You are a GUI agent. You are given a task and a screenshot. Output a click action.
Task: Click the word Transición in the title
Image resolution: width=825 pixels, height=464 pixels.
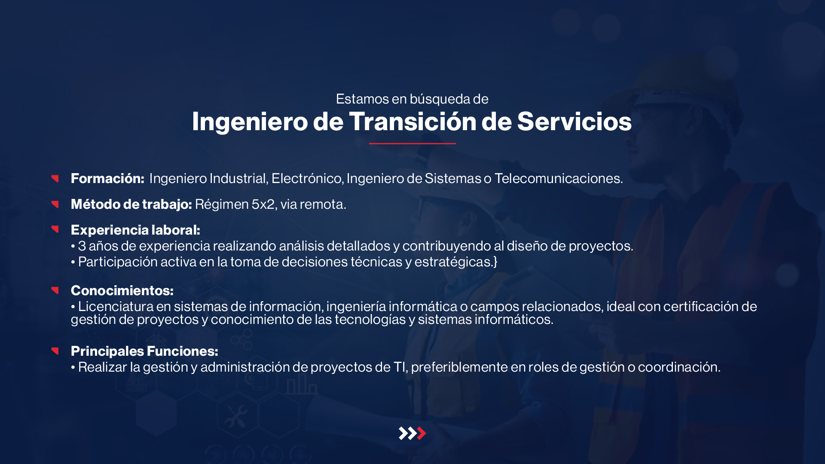coord(412,121)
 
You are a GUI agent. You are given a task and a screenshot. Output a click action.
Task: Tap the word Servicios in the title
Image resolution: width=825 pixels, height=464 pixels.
coord(574,121)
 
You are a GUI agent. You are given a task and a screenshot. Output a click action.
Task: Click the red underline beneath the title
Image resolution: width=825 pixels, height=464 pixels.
coord(412,143)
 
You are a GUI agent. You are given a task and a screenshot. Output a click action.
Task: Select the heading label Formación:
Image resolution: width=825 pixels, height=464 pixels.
coord(107,178)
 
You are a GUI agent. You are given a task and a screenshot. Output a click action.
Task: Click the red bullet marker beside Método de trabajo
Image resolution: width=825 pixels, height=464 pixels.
coord(55,204)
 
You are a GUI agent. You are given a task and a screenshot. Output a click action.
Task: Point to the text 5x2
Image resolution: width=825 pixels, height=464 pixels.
coord(263,204)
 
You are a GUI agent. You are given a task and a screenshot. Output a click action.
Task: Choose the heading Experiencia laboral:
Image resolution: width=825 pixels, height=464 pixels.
coord(135,230)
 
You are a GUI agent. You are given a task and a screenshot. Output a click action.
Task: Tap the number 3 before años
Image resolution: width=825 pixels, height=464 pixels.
coord(82,246)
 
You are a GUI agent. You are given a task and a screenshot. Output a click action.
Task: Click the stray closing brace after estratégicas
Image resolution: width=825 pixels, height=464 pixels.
coord(495,262)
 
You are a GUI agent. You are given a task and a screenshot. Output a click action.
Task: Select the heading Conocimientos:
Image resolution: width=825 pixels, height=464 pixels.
coord(122,291)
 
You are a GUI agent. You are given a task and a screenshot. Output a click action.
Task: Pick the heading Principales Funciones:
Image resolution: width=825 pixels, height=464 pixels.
coord(144,351)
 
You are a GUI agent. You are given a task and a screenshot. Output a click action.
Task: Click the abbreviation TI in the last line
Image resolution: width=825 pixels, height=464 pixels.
coord(400,367)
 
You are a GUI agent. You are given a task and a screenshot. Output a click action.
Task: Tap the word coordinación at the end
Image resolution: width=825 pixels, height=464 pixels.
coord(679,367)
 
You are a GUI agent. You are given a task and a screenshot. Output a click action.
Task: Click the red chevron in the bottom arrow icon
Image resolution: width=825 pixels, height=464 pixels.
coord(422,433)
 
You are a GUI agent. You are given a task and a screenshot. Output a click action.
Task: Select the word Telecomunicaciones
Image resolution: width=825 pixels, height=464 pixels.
coord(559,178)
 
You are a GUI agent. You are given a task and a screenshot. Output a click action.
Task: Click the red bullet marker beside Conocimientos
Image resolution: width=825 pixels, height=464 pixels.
coord(55,290)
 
